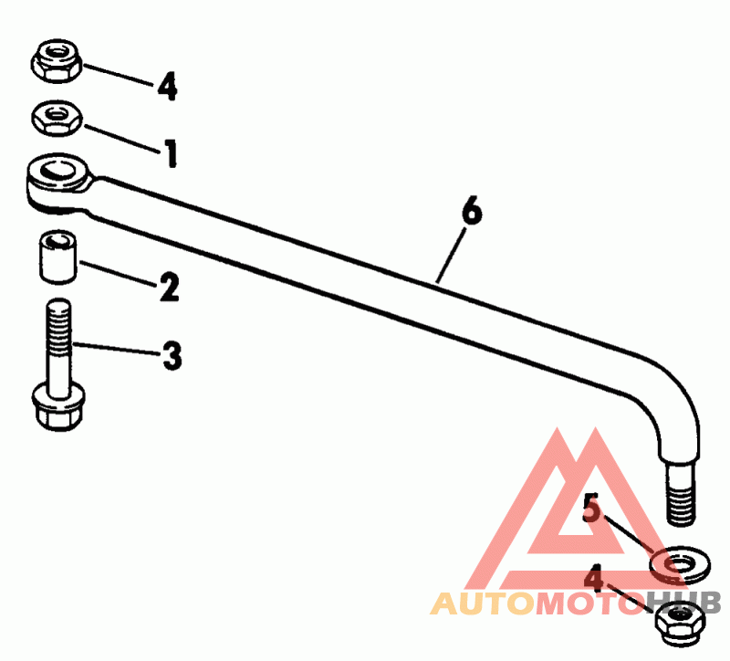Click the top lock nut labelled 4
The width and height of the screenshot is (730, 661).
coord(57,59)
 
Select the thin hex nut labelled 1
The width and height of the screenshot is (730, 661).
coord(57,116)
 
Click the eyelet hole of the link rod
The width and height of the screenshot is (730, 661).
coord(57,170)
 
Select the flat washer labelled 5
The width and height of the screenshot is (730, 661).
coord(679,565)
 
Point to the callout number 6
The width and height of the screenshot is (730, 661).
coord(471,212)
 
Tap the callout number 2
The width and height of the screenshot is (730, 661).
coord(169,288)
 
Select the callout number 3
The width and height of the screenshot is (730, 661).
coord(172,355)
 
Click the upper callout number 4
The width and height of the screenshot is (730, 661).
coord(166,87)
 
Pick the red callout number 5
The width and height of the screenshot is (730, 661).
coord(592,509)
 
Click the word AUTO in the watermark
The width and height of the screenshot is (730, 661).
coord(474,603)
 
